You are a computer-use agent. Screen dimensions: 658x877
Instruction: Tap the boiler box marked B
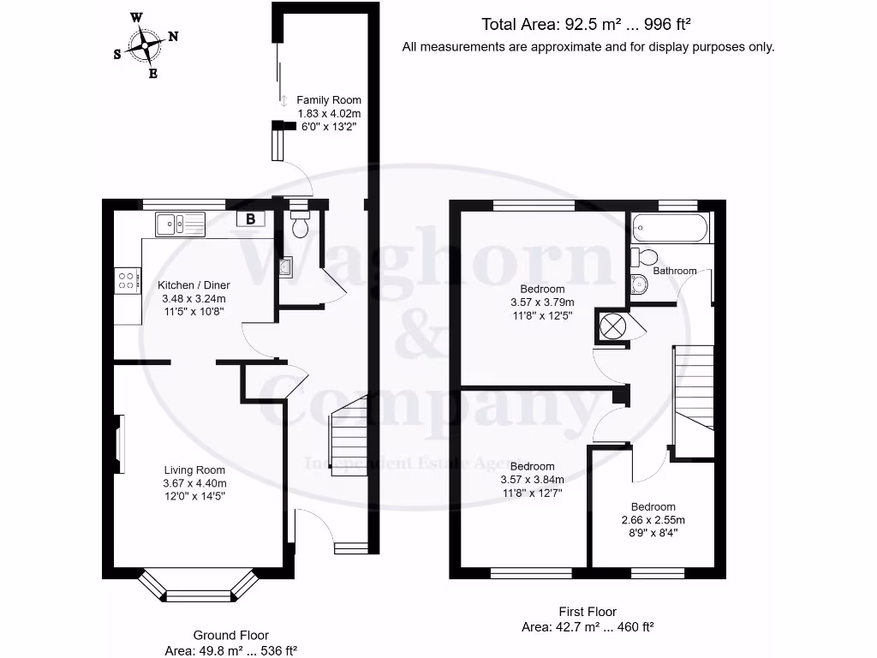250,219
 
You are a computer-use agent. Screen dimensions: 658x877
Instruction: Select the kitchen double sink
180,224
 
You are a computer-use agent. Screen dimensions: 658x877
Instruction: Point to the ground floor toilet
300,224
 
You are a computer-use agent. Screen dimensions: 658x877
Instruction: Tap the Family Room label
329,100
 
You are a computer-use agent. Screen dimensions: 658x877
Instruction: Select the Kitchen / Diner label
194,285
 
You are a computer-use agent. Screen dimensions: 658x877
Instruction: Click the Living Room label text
195,470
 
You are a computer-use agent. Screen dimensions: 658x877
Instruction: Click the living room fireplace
120,444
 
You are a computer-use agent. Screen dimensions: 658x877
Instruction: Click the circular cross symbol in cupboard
612,327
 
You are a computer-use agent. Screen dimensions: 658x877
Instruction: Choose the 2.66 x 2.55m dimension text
653,520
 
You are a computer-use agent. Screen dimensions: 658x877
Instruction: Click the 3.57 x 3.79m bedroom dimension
542,302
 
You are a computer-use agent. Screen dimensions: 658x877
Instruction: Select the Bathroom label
675,271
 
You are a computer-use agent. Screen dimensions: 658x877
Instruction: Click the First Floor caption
588,612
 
